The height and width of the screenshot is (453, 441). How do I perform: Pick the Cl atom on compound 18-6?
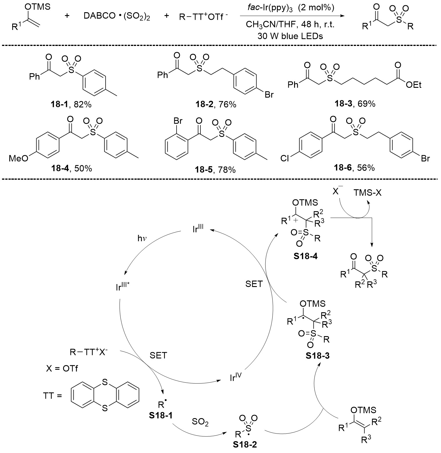(x=285, y=159)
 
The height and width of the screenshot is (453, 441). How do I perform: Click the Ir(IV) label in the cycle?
(x=236, y=378)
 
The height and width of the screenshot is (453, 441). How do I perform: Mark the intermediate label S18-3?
(x=318, y=356)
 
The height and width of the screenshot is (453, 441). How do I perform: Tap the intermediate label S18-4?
(x=305, y=257)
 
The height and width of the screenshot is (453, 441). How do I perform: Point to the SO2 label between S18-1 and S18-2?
(x=200, y=422)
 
